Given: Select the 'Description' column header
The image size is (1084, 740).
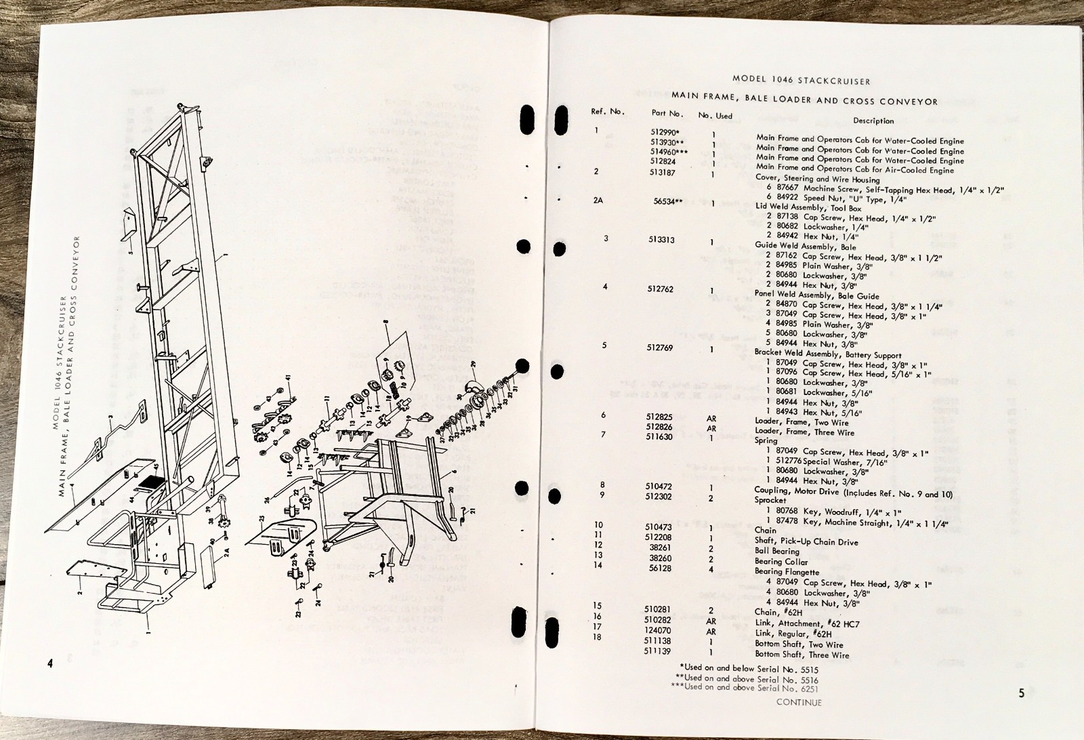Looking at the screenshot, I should [x=873, y=121].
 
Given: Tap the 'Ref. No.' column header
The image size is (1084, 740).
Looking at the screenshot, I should [x=608, y=112].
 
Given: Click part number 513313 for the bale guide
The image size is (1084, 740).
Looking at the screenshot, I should [x=661, y=240].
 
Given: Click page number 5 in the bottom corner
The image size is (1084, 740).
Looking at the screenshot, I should [x=1021, y=693].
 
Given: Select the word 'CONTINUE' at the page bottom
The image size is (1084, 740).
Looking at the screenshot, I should [x=799, y=702].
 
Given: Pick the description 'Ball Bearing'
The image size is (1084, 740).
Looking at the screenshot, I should [x=776, y=551].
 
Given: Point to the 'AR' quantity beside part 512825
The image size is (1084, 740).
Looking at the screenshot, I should [x=711, y=419].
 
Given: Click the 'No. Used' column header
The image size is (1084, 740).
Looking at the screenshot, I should [x=715, y=116].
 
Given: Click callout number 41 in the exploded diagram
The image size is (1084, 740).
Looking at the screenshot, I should [x=287, y=377].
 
